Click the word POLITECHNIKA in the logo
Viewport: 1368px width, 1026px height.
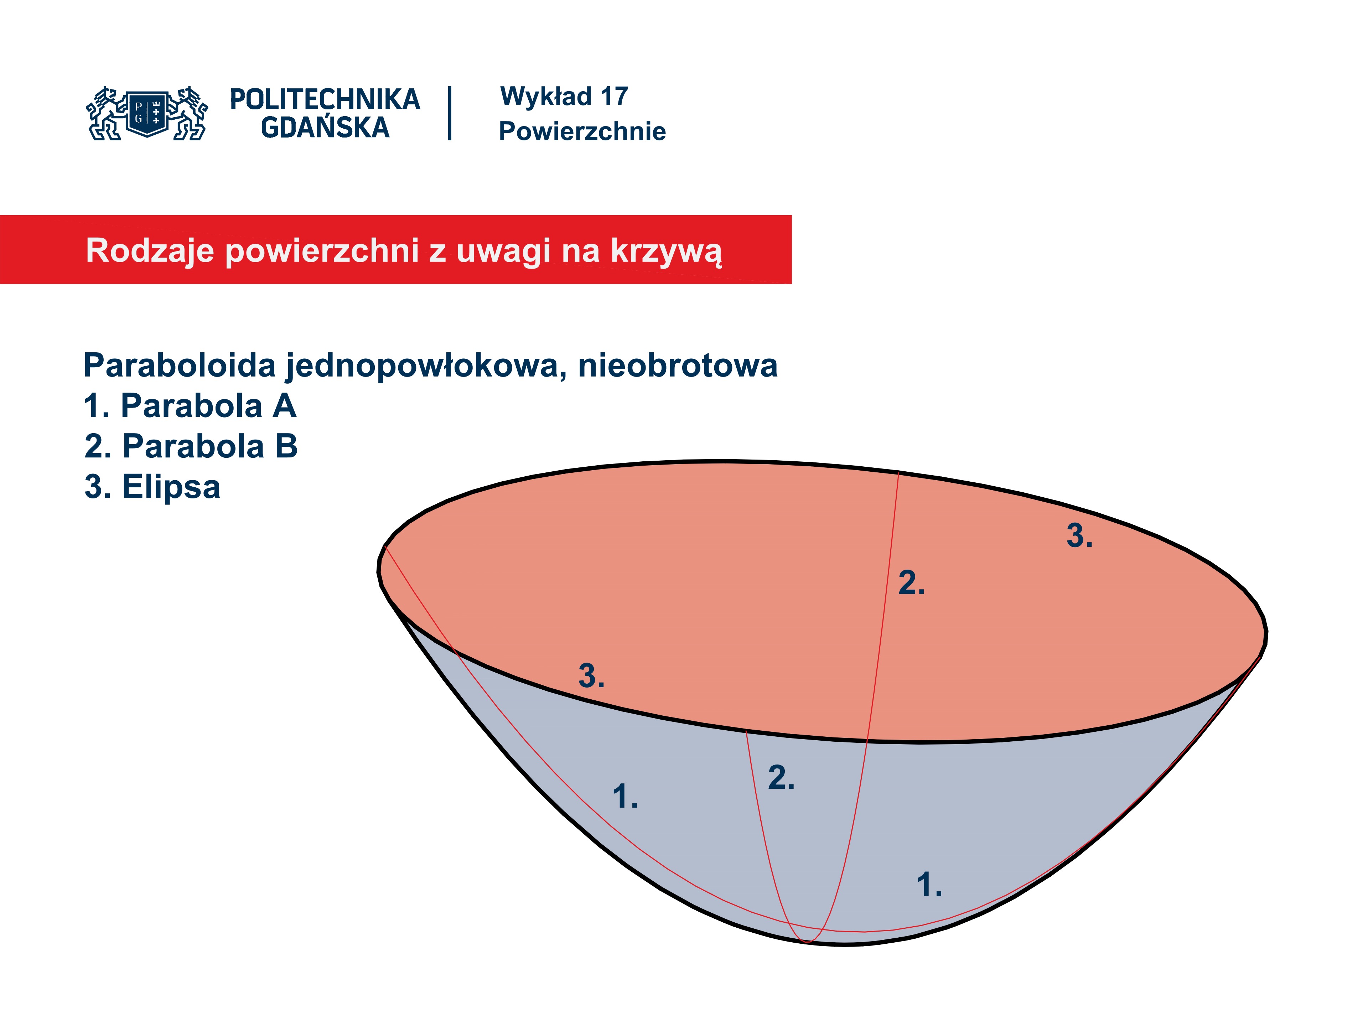pyautogui.click(x=325, y=99)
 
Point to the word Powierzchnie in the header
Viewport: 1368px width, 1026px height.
pyautogui.click(x=582, y=131)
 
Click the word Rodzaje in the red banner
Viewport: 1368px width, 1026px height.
pyautogui.click(x=150, y=251)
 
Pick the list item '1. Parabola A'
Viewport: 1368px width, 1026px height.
pyautogui.click(x=190, y=406)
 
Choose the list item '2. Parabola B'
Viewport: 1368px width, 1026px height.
pyautogui.click(x=191, y=446)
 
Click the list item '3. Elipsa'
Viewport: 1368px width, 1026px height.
pyautogui.click(x=152, y=487)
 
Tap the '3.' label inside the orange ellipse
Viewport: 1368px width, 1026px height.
pyautogui.click(x=1079, y=535)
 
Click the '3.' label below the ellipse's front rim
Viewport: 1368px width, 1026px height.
pyautogui.click(x=591, y=676)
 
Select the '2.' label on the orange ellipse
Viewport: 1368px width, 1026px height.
pyautogui.click(x=912, y=582)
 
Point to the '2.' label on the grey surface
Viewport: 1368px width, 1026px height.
pyautogui.click(x=781, y=777)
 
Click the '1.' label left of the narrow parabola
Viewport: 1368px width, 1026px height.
pyautogui.click(x=625, y=797)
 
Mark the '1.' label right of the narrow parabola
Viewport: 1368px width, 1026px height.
pyautogui.click(x=929, y=884)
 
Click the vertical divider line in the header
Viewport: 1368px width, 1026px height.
pyautogui.click(x=450, y=113)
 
